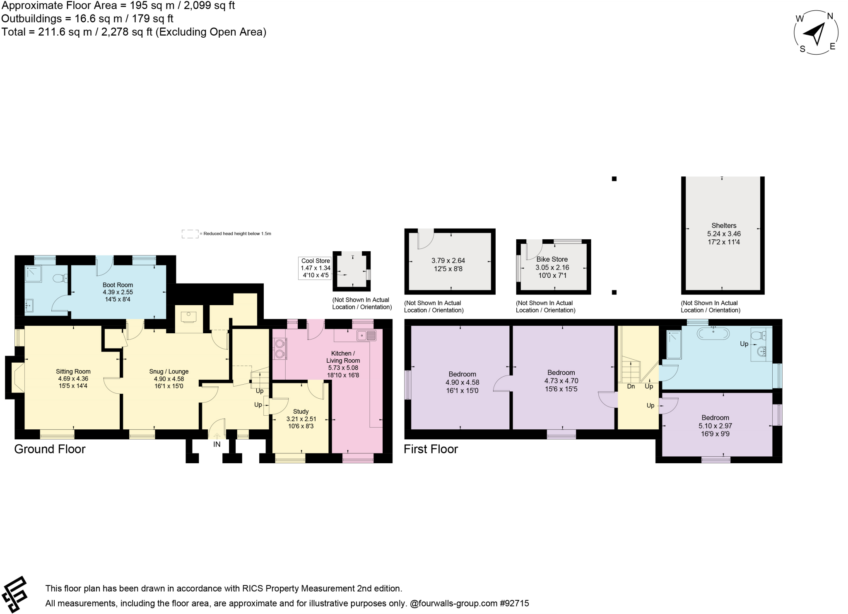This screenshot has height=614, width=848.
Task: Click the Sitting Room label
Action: pyautogui.click(x=73, y=371)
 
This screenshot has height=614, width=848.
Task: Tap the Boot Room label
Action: pyautogui.click(x=118, y=285)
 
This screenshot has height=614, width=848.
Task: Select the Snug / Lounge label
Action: pyautogui.click(x=169, y=371)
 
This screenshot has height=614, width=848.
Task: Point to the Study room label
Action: pyautogui.click(x=301, y=412)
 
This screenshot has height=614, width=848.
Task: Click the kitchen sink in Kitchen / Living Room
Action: pyautogui.click(x=366, y=335)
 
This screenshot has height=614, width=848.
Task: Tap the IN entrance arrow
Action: pyautogui.click(x=217, y=436)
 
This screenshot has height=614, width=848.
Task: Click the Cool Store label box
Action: pyautogui.click(x=315, y=268)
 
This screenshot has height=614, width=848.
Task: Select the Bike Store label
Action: pyautogui.click(x=552, y=259)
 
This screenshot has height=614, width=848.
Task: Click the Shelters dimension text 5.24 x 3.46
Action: pyautogui.click(x=724, y=234)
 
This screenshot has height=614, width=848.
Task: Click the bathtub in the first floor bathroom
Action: pyautogui.click(x=713, y=334)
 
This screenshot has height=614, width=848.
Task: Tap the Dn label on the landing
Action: pyautogui.click(x=631, y=386)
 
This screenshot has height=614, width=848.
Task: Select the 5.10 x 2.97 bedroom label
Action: pyautogui.click(x=715, y=426)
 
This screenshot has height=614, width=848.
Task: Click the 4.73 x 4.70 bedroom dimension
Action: pyautogui.click(x=561, y=381)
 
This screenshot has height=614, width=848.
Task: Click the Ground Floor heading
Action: pyautogui.click(x=50, y=449)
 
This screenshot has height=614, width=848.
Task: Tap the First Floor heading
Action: pyautogui.click(x=431, y=449)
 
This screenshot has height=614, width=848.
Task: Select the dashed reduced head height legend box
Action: pyautogui.click(x=190, y=234)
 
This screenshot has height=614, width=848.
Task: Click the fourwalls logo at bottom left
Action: pyautogui.click(x=14, y=594)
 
